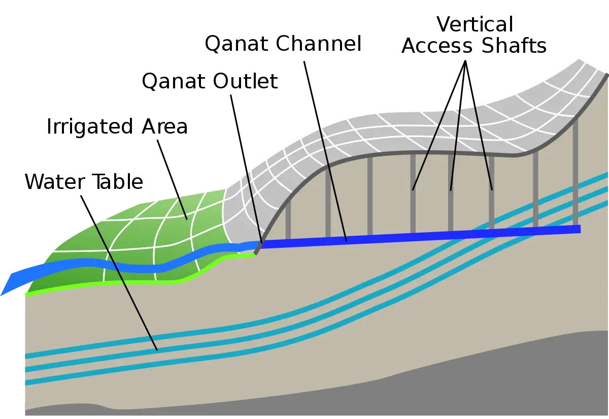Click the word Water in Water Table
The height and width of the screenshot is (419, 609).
[55, 181]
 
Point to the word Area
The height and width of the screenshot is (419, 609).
[164, 126]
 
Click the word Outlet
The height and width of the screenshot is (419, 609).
[245, 81]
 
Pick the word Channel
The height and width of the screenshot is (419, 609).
[319, 43]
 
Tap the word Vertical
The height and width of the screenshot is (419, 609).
[475, 24]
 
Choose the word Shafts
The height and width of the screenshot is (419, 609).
[514, 45]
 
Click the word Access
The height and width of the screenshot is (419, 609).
[437, 46]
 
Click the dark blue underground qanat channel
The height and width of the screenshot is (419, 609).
[420, 236]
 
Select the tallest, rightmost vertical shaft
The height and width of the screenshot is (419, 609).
[576, 174]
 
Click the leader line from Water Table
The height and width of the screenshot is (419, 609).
[119, 273]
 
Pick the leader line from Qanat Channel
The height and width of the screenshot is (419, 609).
[325, 151]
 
